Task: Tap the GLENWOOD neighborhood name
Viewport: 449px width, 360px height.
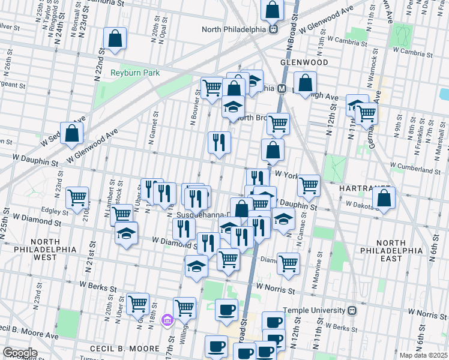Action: (303, 62)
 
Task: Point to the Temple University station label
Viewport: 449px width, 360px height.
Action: (314, 310)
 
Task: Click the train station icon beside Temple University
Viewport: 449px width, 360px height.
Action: (352, 310)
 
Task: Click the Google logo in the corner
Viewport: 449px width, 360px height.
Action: (20, 353)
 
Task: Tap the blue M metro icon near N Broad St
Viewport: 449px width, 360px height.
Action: (281, 88)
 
